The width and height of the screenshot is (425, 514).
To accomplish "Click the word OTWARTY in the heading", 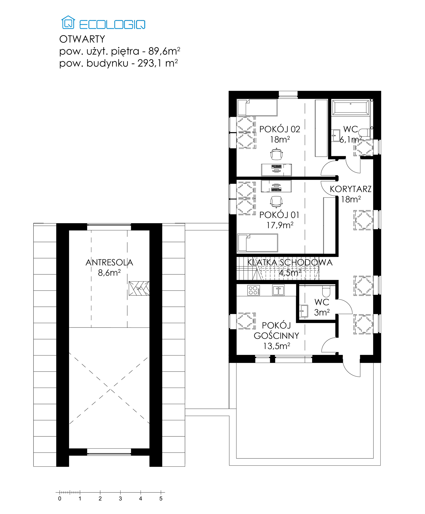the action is [82, 39].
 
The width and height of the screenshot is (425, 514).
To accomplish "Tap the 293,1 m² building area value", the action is [158, 63].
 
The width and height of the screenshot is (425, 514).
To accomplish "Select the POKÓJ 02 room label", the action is [280, 129].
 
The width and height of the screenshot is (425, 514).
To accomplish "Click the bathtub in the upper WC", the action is [351, 108].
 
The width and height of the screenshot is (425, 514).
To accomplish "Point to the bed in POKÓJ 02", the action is [257, 108].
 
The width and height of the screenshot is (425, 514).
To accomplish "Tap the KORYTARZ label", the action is [351, 189].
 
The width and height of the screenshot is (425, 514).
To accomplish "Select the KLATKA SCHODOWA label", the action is [290, 262].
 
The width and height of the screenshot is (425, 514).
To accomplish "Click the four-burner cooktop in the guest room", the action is [254, 290].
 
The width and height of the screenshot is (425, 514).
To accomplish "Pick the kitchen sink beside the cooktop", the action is [278, 290].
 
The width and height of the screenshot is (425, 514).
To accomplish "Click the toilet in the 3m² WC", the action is [326, 291].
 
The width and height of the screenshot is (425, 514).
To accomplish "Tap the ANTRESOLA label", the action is [109, 262].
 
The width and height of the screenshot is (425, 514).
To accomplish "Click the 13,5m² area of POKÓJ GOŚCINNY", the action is [277, 346].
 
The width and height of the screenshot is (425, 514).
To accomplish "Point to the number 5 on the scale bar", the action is [161, 499].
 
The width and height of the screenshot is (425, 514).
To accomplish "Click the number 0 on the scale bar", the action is [60, 499].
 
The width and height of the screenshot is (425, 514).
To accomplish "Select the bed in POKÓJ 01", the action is [257, 243].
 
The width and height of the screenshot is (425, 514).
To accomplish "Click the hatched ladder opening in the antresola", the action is [139, 288].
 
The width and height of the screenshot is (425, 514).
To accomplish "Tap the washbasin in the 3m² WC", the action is [303, 311].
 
